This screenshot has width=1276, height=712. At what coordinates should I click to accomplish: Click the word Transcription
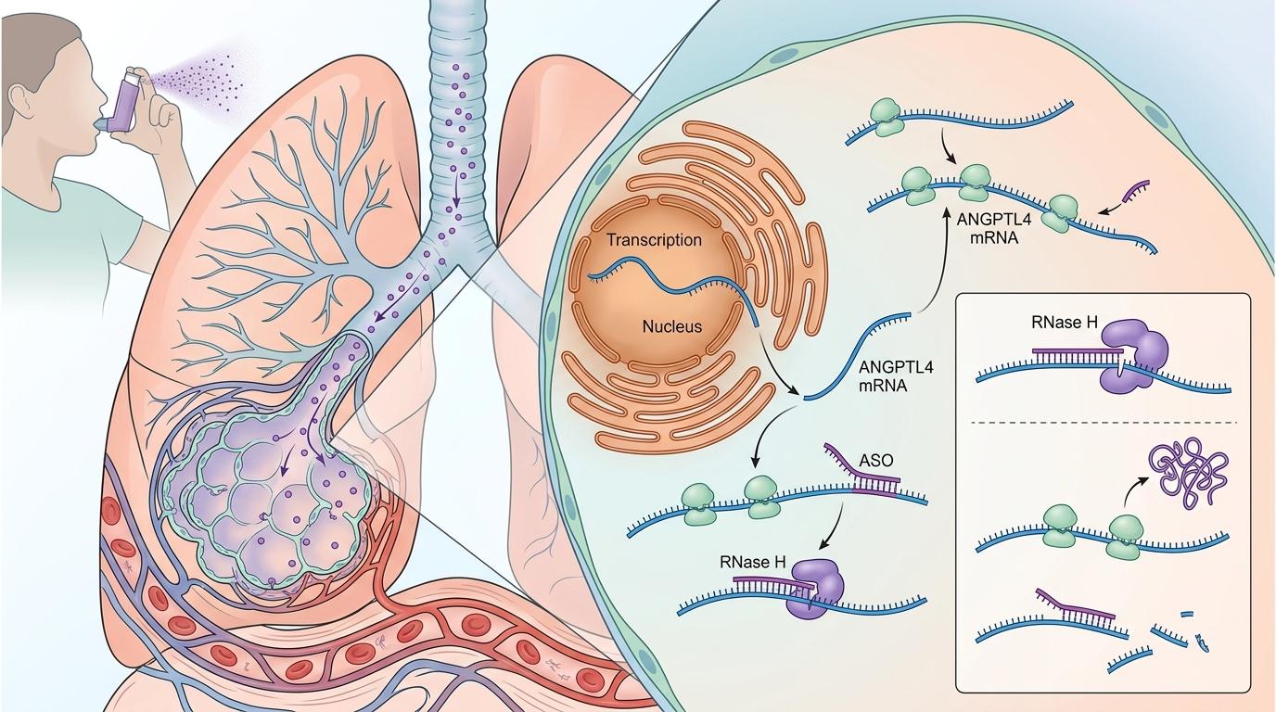coord(654,240)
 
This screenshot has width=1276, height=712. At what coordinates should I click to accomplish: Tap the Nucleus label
coord(672,326)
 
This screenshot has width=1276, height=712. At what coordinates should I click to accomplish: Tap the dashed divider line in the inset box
coord(1104,423)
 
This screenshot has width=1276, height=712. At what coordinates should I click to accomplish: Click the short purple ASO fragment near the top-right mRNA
coord(1134,192)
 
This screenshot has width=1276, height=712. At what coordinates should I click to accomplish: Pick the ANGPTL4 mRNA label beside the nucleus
coord(896,375)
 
